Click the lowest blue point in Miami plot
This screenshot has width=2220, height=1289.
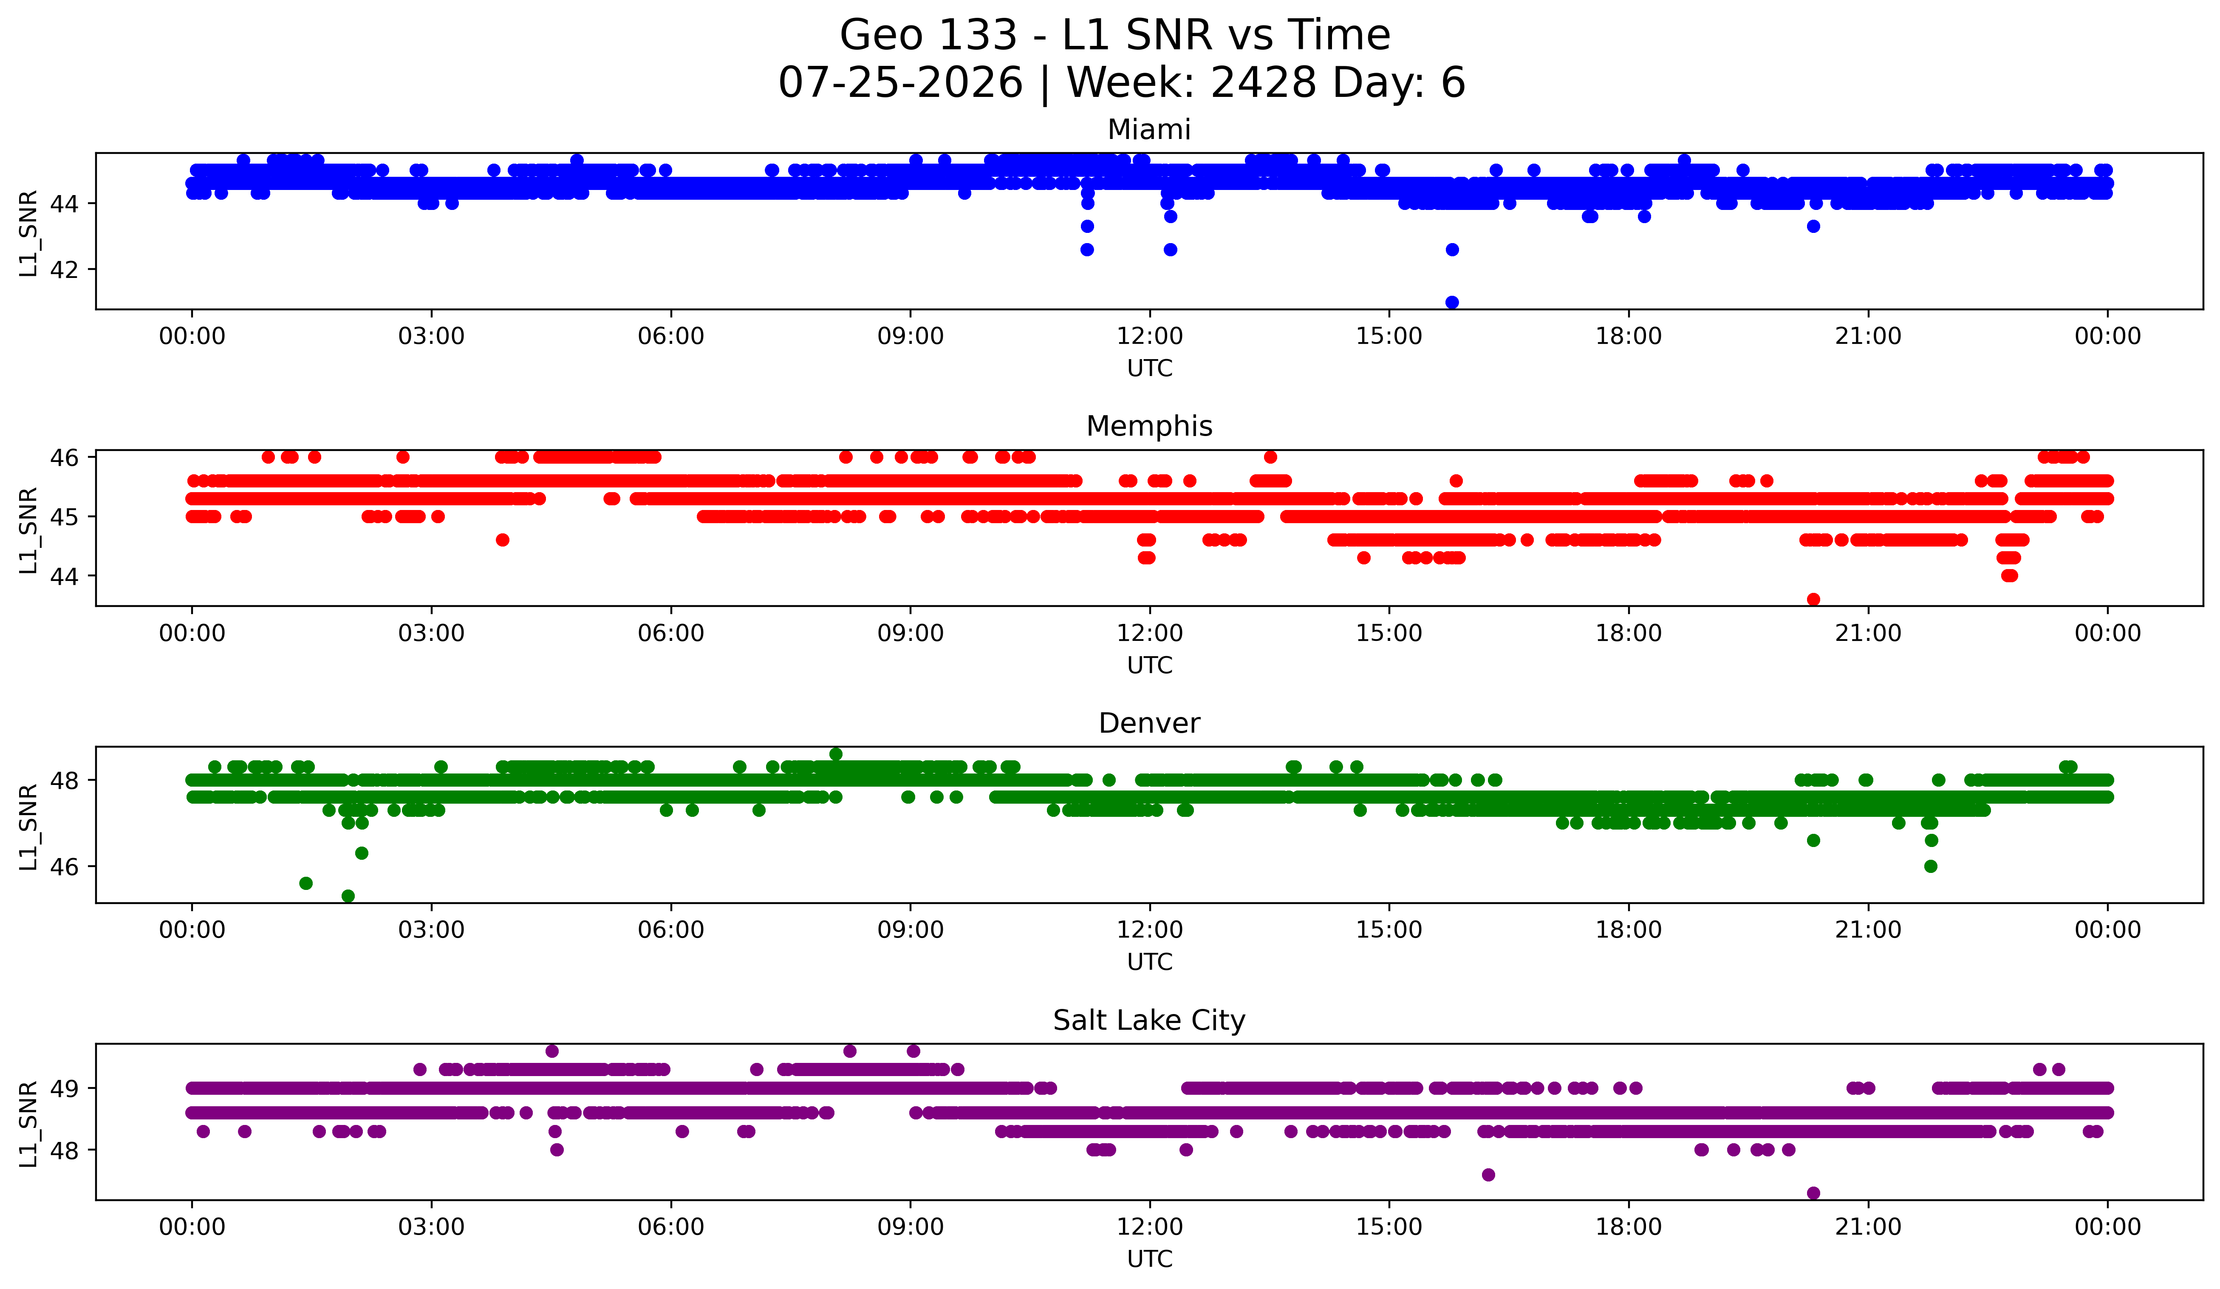1452,302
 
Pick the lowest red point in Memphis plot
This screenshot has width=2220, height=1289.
1813,599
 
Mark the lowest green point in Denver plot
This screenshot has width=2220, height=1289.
348,896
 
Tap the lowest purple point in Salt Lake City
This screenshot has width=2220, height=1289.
1813,1193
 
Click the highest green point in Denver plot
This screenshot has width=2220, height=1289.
836,754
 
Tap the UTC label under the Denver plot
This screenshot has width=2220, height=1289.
1150,962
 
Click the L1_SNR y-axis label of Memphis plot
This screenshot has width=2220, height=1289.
28,530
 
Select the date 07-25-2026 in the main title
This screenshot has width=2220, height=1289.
900,83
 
